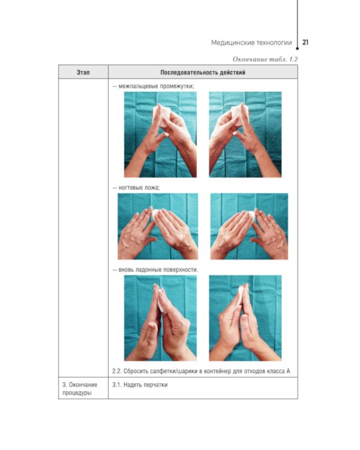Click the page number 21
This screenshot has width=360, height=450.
point(305,42)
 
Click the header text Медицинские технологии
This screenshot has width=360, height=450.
point(251,43)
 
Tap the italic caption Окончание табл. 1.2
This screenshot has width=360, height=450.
point(265,59)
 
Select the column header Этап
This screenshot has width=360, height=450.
point(83,73)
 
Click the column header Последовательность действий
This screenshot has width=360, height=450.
point(203,73)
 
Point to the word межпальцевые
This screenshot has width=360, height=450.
point(139,86)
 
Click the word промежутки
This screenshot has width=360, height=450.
point(177,86)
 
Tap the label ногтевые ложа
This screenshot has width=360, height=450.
point(139,188)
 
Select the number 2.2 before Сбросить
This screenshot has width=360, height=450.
point(117,371)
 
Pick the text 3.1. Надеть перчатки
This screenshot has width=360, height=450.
point(140,385)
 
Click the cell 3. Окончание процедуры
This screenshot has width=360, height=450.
point(80,389)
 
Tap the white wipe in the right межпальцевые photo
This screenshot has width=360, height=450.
point(239,114)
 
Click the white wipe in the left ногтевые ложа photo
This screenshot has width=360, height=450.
point(156,214)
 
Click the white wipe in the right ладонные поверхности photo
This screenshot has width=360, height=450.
point(240,295)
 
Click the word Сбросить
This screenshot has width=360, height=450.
point(135,371)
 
